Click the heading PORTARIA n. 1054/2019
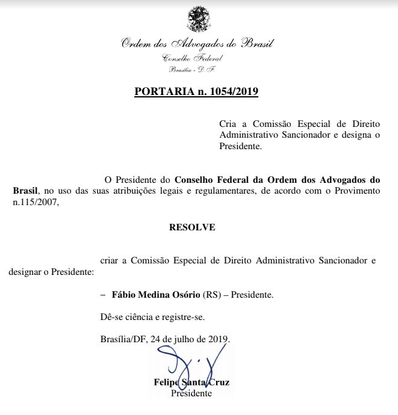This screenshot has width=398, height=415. (x=197, y=92)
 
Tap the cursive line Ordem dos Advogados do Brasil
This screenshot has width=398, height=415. (x=197, y=45)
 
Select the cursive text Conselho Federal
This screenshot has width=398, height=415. (x=193, y=58)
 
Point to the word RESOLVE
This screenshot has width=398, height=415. (x=192, y=228)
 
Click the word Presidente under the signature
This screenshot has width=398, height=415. (x=191, y=393)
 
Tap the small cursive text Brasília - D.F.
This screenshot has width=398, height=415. (x=193, y=70)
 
